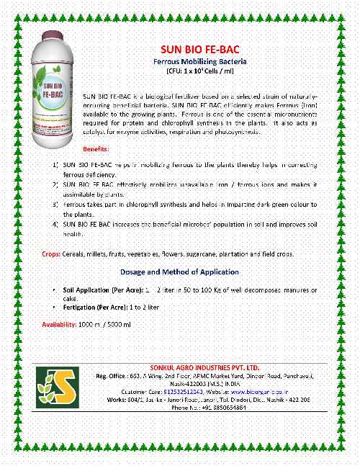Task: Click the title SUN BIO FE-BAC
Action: [190, 50]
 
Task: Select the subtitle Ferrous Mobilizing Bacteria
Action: [189, 63]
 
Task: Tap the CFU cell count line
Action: [190, 75]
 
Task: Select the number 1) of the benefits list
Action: [55, 166]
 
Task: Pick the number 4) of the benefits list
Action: [55, 225]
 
